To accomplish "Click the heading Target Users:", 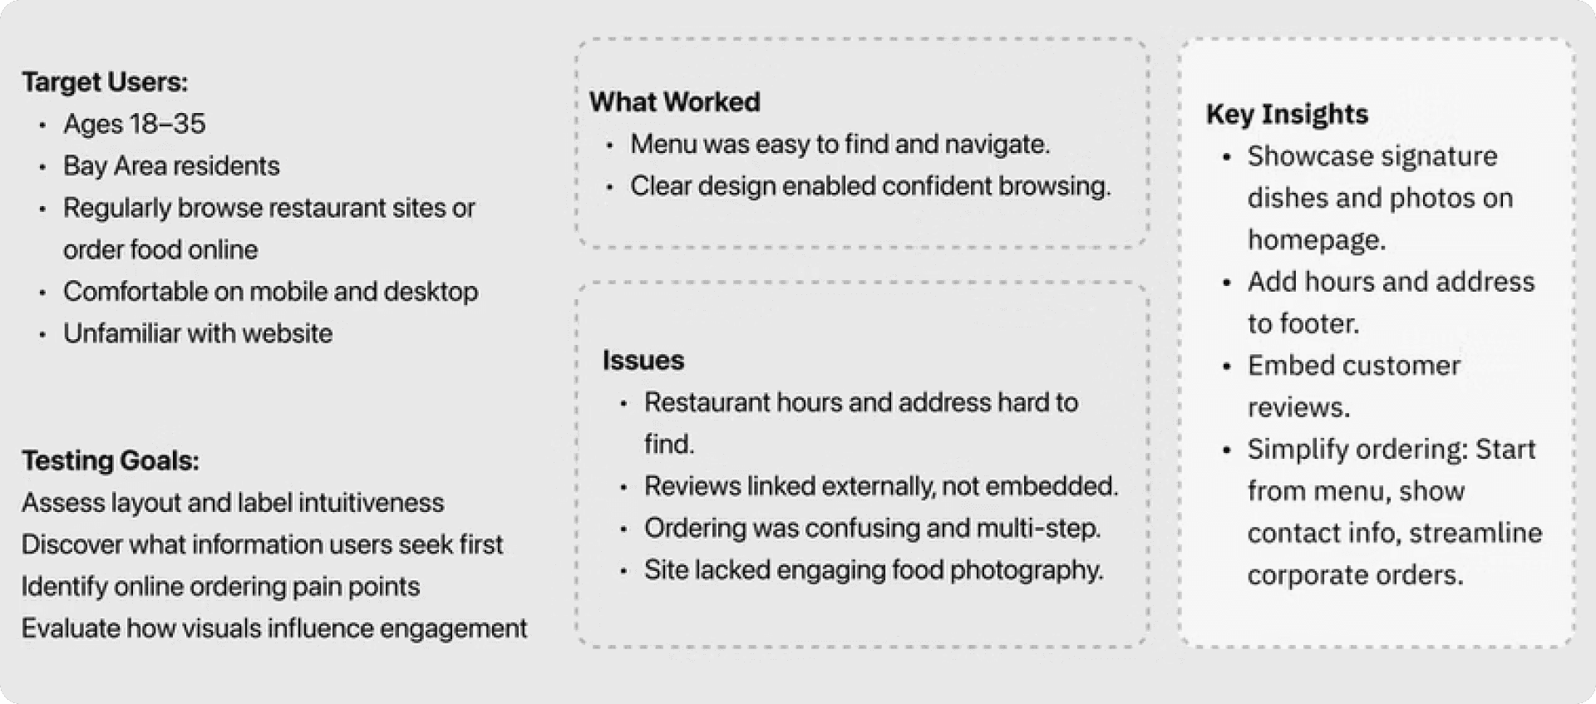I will point(105,82).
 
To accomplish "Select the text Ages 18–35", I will point(134,124).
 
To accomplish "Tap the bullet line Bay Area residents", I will point(171,166).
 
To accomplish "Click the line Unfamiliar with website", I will point(198,333).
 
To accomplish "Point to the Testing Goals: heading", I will point(111,460).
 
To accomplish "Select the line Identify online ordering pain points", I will point(220,586).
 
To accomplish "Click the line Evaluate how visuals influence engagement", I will point(274,628).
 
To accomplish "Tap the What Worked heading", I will point(674,102).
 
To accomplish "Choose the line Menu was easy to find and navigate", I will point(840,144).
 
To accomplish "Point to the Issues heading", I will point(643,360).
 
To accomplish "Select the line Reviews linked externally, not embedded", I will point(881,486).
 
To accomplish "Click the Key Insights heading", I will point(1287,114).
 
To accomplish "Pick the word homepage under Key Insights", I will point(1316,240).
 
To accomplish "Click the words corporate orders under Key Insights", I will point(1355,575).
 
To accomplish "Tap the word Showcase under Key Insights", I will point(1301,156).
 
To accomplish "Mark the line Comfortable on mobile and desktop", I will point(270,292).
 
